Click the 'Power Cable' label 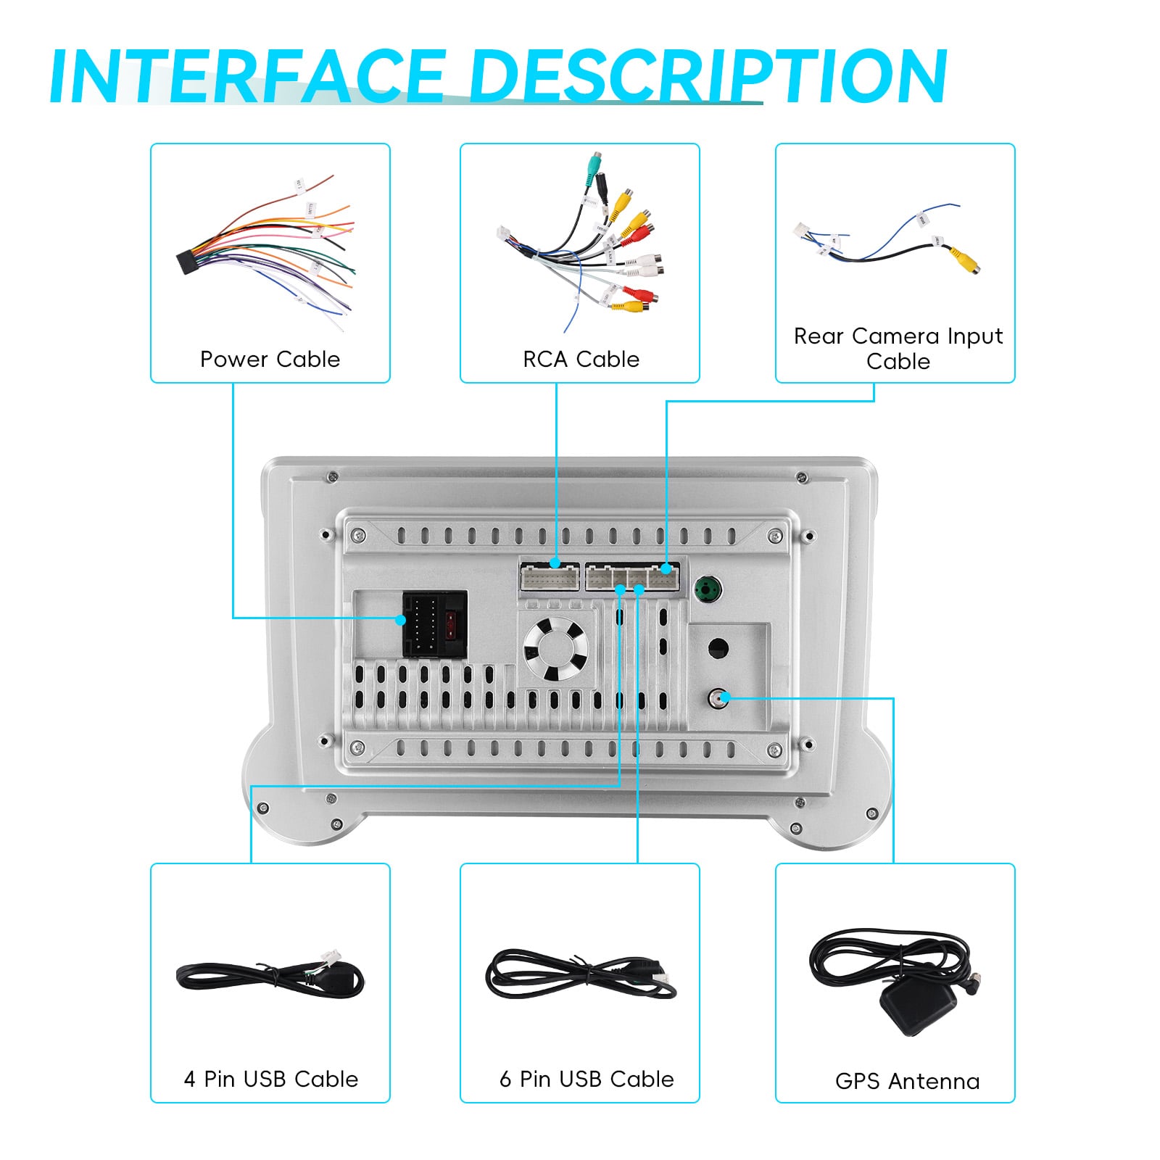click(x=270, y=360)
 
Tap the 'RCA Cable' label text click(x=581, y=360)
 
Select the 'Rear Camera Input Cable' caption click(x=898, y=349)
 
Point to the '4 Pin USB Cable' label click(x=270, y=1079)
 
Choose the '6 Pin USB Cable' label click(x=587, y=1079)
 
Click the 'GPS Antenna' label click(x=907, y=1081)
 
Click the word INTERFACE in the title click(x=246, y=76)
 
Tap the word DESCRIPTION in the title click(x=709, y=76)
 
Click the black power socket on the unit click(x=434, y=624)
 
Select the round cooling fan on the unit click(x=555, y=649)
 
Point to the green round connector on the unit click(x=708, y=589)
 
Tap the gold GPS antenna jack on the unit click(x=719, y=698)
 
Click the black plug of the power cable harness click(x=190, y=261)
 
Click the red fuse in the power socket click(x=454, y=623)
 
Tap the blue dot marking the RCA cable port click(x=555, y=563)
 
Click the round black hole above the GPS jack click(x=718, y=648)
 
